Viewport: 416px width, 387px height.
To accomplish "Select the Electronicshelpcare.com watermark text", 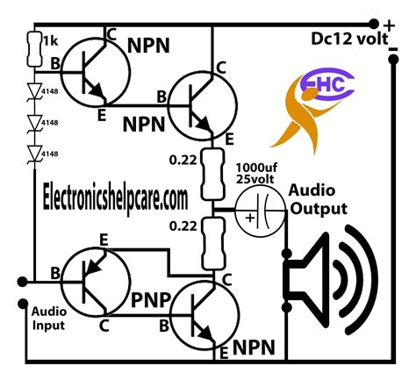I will point(117,197).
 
